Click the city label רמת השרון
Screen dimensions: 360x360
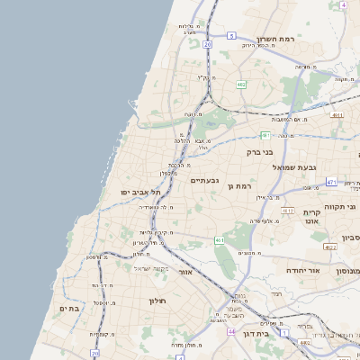(x=276, y=39)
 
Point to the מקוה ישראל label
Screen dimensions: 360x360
(x=152, y=268)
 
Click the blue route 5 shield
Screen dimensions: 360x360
(x=231, y=36)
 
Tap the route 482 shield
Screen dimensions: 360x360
(x=241, y=85)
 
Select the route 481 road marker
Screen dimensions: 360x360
(x=265, y=135)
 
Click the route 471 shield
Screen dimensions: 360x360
(x=331, y=182)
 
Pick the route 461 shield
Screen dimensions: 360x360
(x=219, y=240)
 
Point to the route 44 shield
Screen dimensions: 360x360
(x=231, y=332)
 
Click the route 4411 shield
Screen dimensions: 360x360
(x=337, y=115)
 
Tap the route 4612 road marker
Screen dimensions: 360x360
(x=288, y=211)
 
